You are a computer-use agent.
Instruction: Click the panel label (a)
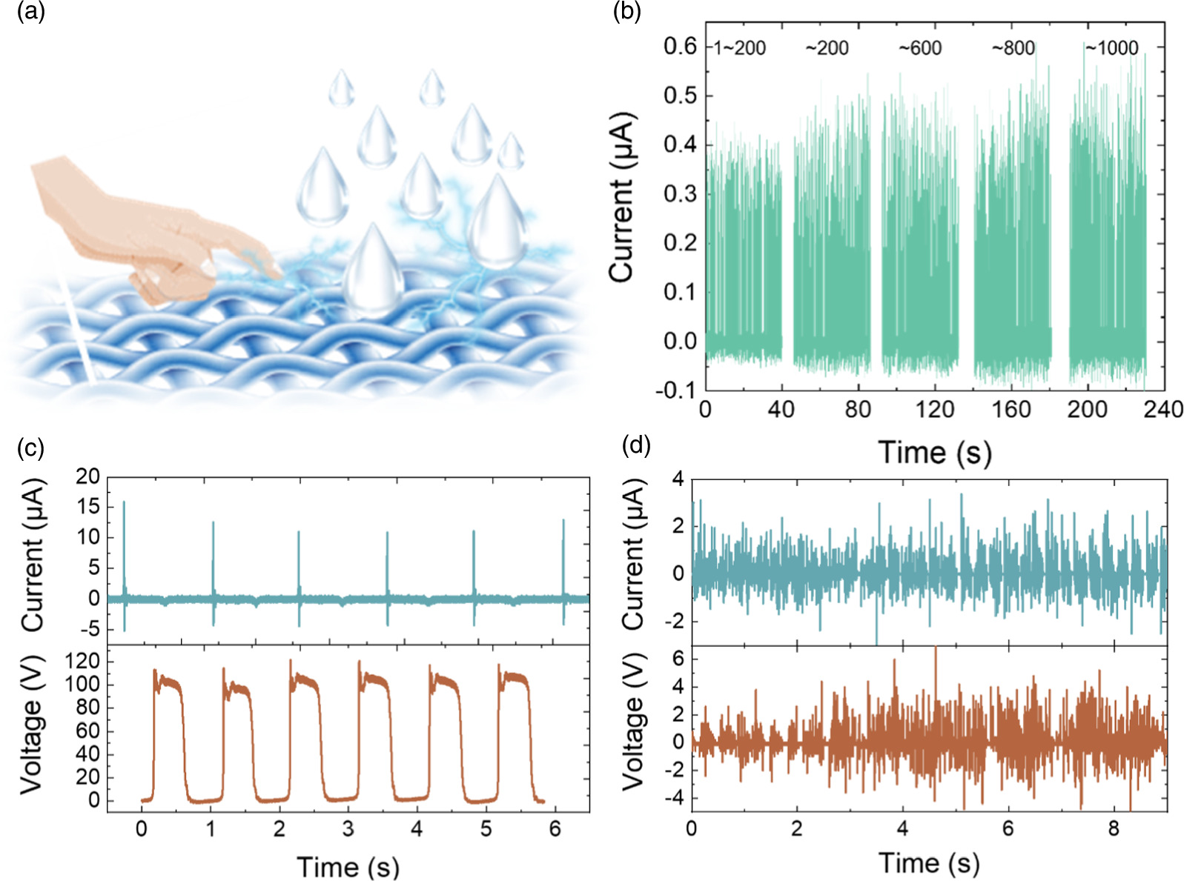[30, 13]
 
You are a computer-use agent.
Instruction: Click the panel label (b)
[627, 13]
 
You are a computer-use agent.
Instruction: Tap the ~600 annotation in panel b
[919, 48]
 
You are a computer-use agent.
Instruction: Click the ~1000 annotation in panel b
[1111, 48]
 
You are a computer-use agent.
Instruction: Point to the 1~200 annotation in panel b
[738, 48]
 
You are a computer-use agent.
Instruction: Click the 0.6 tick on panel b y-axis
[680, 47]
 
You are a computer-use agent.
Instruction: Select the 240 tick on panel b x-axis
[1162, 410]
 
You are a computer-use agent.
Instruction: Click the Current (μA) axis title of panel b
[621, 197]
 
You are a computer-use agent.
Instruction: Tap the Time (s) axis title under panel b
[934, 452]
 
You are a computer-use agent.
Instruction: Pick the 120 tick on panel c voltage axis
[83, 660]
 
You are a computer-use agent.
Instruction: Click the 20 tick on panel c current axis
[87, 476]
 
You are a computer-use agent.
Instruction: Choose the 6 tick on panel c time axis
[555, 829]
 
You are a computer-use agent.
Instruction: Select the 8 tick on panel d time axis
[1113, 828]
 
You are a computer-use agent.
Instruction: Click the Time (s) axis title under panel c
[347, 866]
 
